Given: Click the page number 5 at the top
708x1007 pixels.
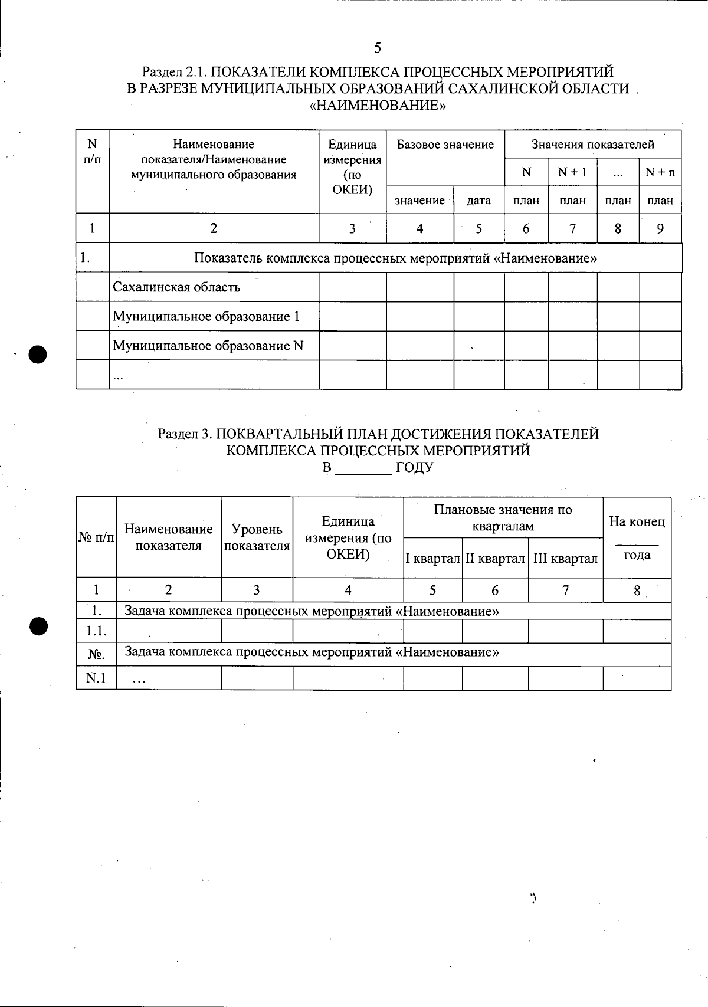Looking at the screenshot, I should pos(378,48).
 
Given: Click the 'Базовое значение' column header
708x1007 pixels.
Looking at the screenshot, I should pos(445,145).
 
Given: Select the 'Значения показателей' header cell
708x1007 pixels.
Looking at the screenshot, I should pos(592,145).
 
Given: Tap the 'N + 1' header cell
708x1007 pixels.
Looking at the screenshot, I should pos(572,172).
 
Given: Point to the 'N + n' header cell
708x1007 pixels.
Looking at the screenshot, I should pos(660,172).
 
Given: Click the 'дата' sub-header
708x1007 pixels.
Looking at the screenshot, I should pos(478,201).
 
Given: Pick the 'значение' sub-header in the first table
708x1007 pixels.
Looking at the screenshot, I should pos(419,201).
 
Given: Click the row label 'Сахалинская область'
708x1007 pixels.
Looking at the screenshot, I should pos(176,287).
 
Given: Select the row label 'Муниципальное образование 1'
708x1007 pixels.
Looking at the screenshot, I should pos(206,317).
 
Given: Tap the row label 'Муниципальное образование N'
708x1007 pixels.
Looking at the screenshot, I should pos(208,346).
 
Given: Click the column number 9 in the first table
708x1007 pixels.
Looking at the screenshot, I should pos(660,228).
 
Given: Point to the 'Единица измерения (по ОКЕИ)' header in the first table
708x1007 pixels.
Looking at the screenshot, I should pos(352,167).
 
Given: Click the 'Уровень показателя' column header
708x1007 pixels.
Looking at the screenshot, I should pos(257,537).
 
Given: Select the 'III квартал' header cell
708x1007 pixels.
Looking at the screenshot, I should pos(565,559).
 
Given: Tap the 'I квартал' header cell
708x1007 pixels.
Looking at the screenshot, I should pos(432,559).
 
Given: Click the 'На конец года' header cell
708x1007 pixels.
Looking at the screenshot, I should pos(637,537).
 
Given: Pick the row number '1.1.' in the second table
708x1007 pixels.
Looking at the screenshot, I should pos(96,631).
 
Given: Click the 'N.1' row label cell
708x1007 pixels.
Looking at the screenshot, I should pos(96,678).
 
